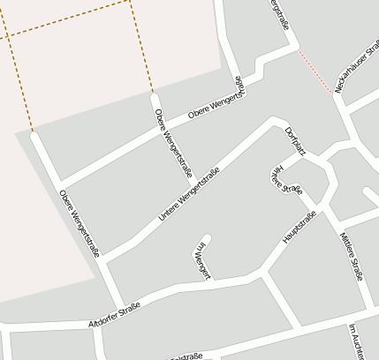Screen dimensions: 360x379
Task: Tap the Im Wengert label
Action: pyautogui.click(x=203, y=260)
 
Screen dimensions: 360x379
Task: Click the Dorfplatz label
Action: pyautogui.click(x=295, y=141)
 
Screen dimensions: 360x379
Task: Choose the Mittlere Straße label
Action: pyautogui.click(x=352, y=255)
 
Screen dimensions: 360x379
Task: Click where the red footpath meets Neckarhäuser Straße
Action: pyautogui.click(x=334, y=92)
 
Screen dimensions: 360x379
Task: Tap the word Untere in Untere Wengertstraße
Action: pyautogui.click(x=169, y=208)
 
